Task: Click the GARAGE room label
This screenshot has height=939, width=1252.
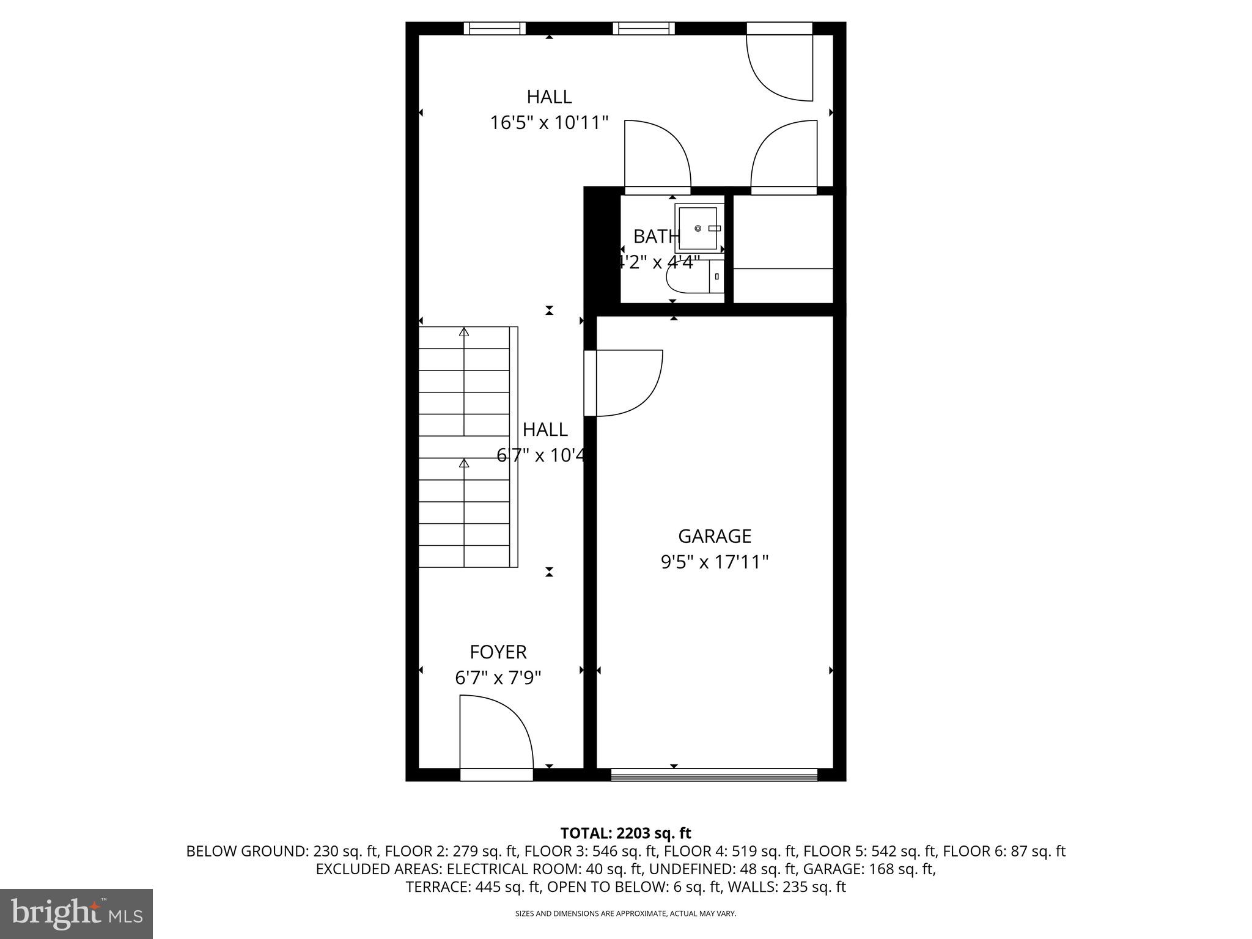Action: click(x=714, y=536)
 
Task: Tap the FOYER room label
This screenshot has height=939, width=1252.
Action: click(x=498, y=652)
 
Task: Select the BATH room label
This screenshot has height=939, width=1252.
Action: click(x=655, y=236)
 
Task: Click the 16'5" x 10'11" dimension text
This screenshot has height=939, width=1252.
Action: click(x=549, y=123)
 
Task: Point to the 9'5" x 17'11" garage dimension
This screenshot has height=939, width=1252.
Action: click(x=714, y=562)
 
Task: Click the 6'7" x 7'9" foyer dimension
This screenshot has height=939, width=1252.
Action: click(x=498, y=678)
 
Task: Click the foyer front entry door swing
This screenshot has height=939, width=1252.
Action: click(x=496, y=734)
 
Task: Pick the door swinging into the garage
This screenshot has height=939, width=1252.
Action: click(x=627, y=383)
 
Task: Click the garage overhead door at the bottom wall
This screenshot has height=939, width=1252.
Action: click(x=714, y=775)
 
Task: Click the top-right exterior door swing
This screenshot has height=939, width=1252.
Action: click(x=781, y=67)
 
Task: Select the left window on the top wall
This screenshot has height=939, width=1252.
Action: click(x=495, y=28)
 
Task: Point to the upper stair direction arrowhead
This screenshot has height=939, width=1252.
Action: click(x=464, y=332)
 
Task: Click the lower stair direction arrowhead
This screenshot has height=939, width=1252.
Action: click(x=464, y=463)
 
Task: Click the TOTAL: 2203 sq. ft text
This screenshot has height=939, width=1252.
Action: click(x=625, y=833)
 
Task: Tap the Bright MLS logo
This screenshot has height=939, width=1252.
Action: click(x=76, y=913)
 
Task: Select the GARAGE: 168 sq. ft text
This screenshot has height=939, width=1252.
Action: click(x=869, y=869)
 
